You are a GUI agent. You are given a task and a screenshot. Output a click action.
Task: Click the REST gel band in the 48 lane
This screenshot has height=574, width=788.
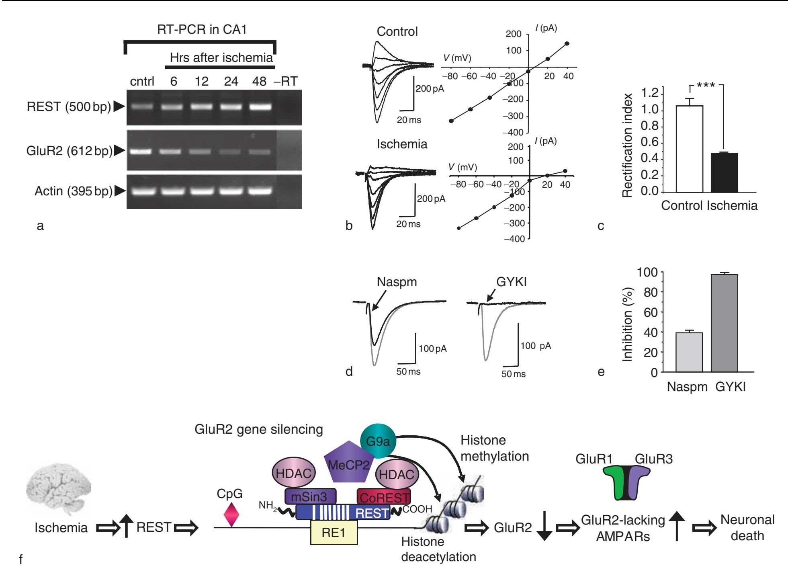[x=260, y=107]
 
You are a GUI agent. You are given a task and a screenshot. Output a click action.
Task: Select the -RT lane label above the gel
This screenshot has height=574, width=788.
[x=286, y=81]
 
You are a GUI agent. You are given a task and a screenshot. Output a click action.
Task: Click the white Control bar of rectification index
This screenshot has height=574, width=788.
[x=689, y=149]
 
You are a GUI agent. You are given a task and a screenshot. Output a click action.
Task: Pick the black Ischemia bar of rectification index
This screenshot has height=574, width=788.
[x=724, y=172]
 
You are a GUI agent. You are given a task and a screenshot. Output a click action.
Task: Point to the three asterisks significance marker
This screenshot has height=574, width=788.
[x=706, y=86]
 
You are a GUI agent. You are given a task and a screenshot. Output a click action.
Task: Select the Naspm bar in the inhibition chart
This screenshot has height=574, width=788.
[x=689, y=352]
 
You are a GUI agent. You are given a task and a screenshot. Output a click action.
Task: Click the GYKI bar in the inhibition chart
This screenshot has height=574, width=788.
[x=724, y=323]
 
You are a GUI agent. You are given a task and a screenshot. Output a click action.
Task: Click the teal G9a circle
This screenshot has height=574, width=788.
[x=378, y=442]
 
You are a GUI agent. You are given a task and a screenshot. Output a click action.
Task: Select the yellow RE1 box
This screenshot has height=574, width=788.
[x=334, y=533]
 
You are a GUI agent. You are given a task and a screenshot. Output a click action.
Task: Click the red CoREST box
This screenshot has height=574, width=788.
[x=384, y=497]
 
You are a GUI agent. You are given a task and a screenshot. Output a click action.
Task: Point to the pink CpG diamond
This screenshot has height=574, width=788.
[x=231, y=515]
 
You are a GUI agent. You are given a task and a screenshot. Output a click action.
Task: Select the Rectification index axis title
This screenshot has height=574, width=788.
[x=627, y=145]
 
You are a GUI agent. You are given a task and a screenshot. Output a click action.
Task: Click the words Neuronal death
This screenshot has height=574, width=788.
[x=747, y=528]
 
